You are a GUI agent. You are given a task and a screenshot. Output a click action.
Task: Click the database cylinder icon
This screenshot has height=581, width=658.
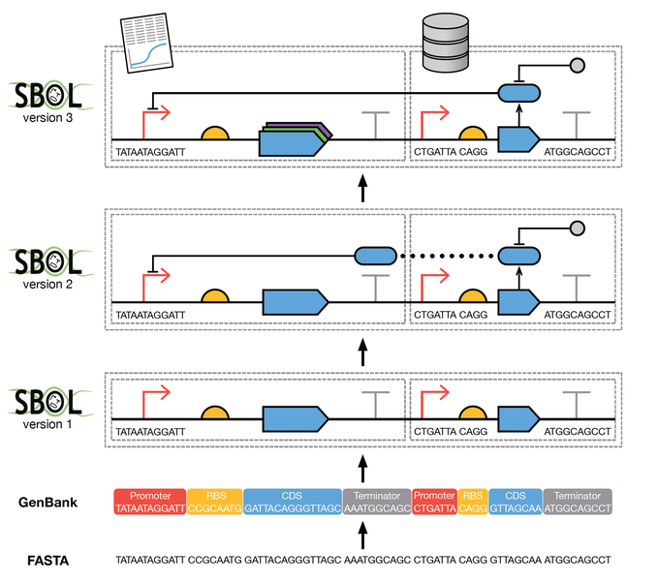[445, 43]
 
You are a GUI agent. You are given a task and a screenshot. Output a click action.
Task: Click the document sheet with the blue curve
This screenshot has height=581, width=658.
[146, 44]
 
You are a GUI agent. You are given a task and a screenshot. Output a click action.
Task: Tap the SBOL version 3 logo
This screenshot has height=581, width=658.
[49, 102]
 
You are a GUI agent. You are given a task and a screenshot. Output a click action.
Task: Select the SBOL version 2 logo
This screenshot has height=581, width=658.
[49, 268]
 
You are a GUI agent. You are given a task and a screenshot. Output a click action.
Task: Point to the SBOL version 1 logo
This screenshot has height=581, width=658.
[49, 409]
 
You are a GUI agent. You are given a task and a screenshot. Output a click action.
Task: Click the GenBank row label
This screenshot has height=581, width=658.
[47, 503]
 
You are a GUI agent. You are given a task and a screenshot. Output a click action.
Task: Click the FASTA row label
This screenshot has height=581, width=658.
[47, 561]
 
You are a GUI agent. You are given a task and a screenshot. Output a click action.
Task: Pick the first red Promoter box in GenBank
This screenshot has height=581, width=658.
[150, 502]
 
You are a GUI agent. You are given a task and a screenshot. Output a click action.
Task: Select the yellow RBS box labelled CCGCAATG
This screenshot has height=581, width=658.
[215, 502]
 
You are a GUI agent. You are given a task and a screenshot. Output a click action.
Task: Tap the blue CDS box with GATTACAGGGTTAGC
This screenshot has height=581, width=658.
[293, 502]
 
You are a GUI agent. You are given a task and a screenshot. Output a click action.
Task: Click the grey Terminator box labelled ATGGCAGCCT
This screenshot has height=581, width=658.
[578, 502]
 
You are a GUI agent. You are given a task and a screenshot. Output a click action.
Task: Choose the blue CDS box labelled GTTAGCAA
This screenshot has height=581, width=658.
[516, 502]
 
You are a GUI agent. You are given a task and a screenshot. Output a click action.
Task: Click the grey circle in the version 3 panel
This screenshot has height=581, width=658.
[578, 66]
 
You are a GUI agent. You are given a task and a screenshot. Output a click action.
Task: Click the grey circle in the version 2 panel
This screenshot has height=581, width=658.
[578, 229]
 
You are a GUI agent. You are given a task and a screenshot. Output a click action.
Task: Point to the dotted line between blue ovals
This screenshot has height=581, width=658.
[448, 256]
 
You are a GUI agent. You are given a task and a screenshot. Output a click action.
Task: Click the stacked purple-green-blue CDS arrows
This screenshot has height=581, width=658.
[296, 139]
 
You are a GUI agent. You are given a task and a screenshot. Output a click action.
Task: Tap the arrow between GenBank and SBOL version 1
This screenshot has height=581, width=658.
[363, 469]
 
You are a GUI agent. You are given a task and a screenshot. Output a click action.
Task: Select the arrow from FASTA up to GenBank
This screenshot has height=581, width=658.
[363, 535]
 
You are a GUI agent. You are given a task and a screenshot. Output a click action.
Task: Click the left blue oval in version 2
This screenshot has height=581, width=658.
[376, 256]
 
